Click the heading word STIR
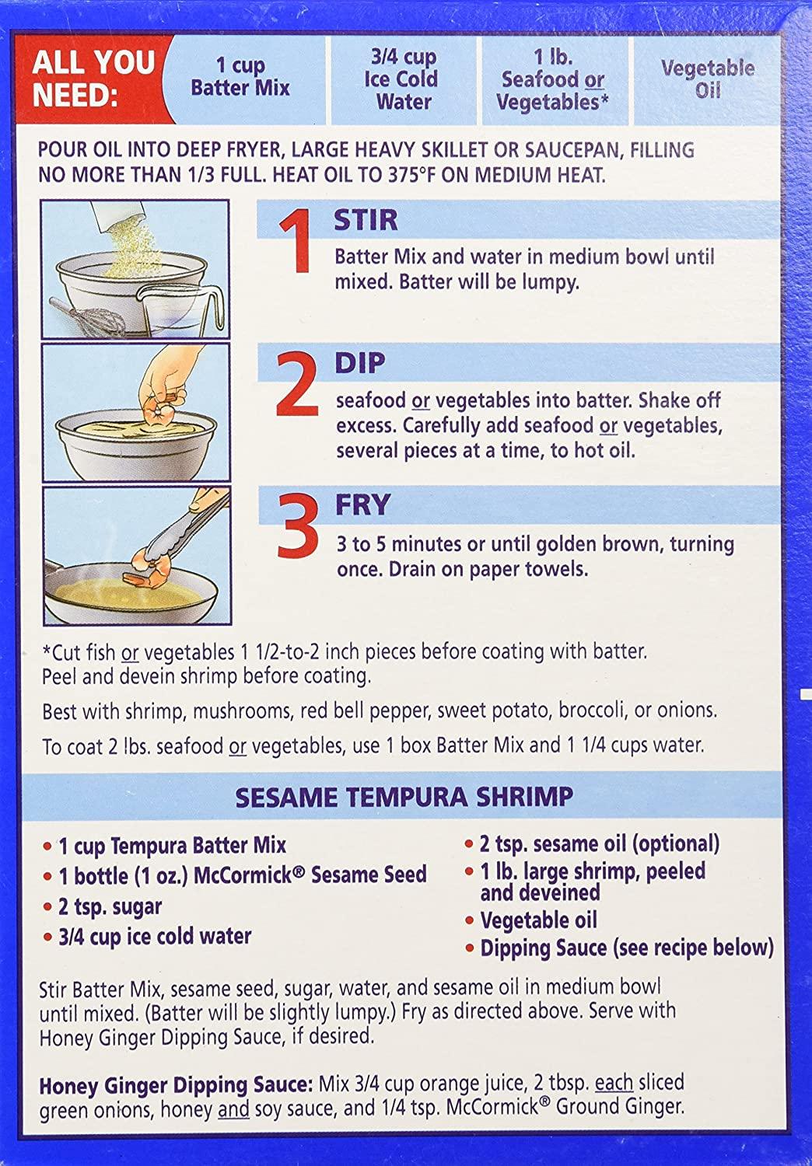pos(366,220)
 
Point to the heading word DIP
pos(360,363)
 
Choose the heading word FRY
pos(362,505)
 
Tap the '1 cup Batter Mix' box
pos(240,77)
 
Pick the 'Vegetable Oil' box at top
pos(707,79)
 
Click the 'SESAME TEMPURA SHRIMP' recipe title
pos(404,798)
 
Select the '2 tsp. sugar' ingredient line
pos(110,907)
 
